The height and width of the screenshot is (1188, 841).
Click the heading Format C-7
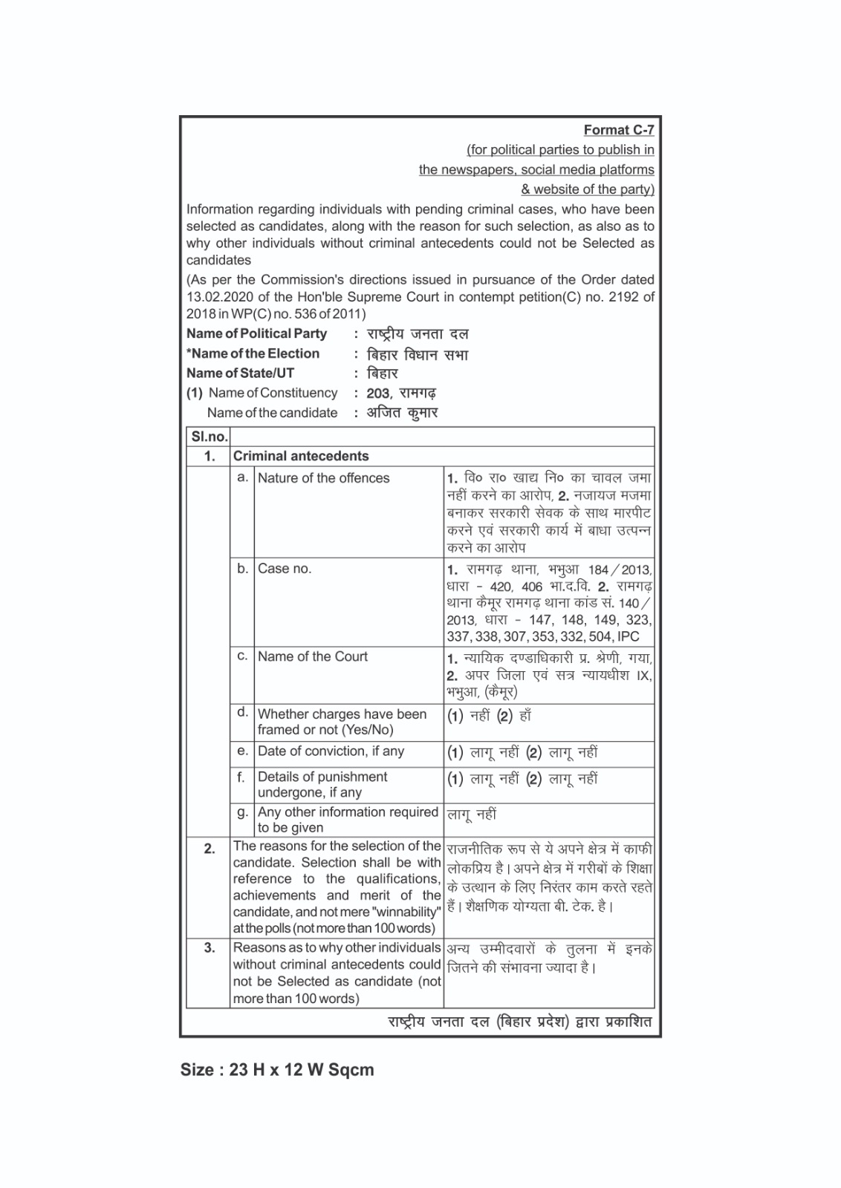coord(618,130)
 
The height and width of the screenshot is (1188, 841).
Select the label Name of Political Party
coord(256,334)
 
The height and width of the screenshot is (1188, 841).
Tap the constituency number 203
coord(377,394)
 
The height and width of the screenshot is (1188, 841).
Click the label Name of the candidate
coord(272,413)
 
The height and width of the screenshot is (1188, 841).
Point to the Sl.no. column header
coord(209,437)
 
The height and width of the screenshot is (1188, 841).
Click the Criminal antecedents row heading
coord(301,456)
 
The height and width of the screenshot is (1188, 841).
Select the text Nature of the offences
coord(323,478)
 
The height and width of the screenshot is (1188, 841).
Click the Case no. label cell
coord(285,569)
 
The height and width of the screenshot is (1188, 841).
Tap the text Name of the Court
coord(312,656)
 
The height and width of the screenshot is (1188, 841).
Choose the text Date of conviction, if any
coord(331,751)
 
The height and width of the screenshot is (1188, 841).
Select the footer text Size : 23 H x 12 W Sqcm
coord(277,1070)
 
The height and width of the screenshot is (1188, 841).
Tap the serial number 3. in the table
coord(209,948)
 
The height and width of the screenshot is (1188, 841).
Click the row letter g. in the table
coord(242,812)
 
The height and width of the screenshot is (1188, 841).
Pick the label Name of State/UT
coord(240,373)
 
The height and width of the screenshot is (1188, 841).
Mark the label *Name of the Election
coord(253,354)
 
